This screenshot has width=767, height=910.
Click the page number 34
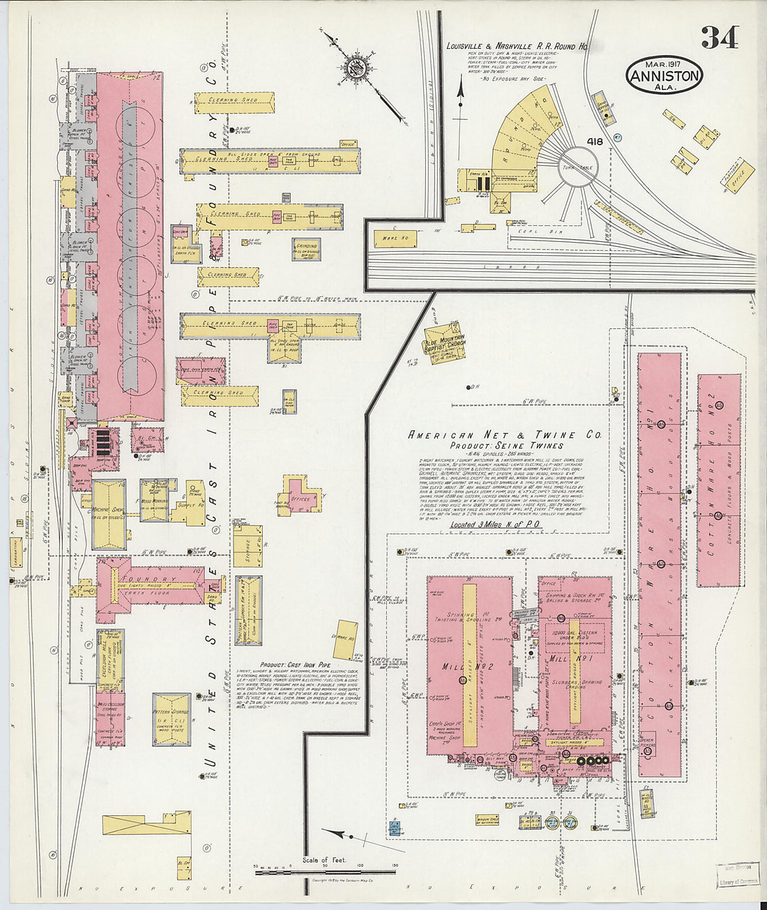720,38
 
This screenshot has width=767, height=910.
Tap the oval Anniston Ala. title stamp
663,75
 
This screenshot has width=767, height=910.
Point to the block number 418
595,142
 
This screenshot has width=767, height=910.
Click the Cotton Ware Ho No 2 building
719,481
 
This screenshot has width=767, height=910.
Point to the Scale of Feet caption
324,860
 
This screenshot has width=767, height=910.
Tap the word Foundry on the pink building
148,579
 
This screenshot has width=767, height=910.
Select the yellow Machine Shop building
109,515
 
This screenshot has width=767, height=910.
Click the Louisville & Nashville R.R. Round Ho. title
517,47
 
